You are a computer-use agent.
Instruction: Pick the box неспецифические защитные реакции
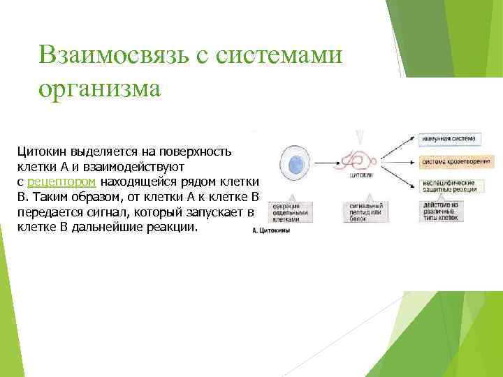(449, 186)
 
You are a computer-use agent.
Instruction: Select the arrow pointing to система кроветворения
(398, 163)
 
